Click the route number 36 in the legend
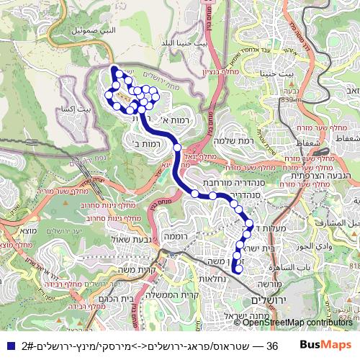point(272,346)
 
